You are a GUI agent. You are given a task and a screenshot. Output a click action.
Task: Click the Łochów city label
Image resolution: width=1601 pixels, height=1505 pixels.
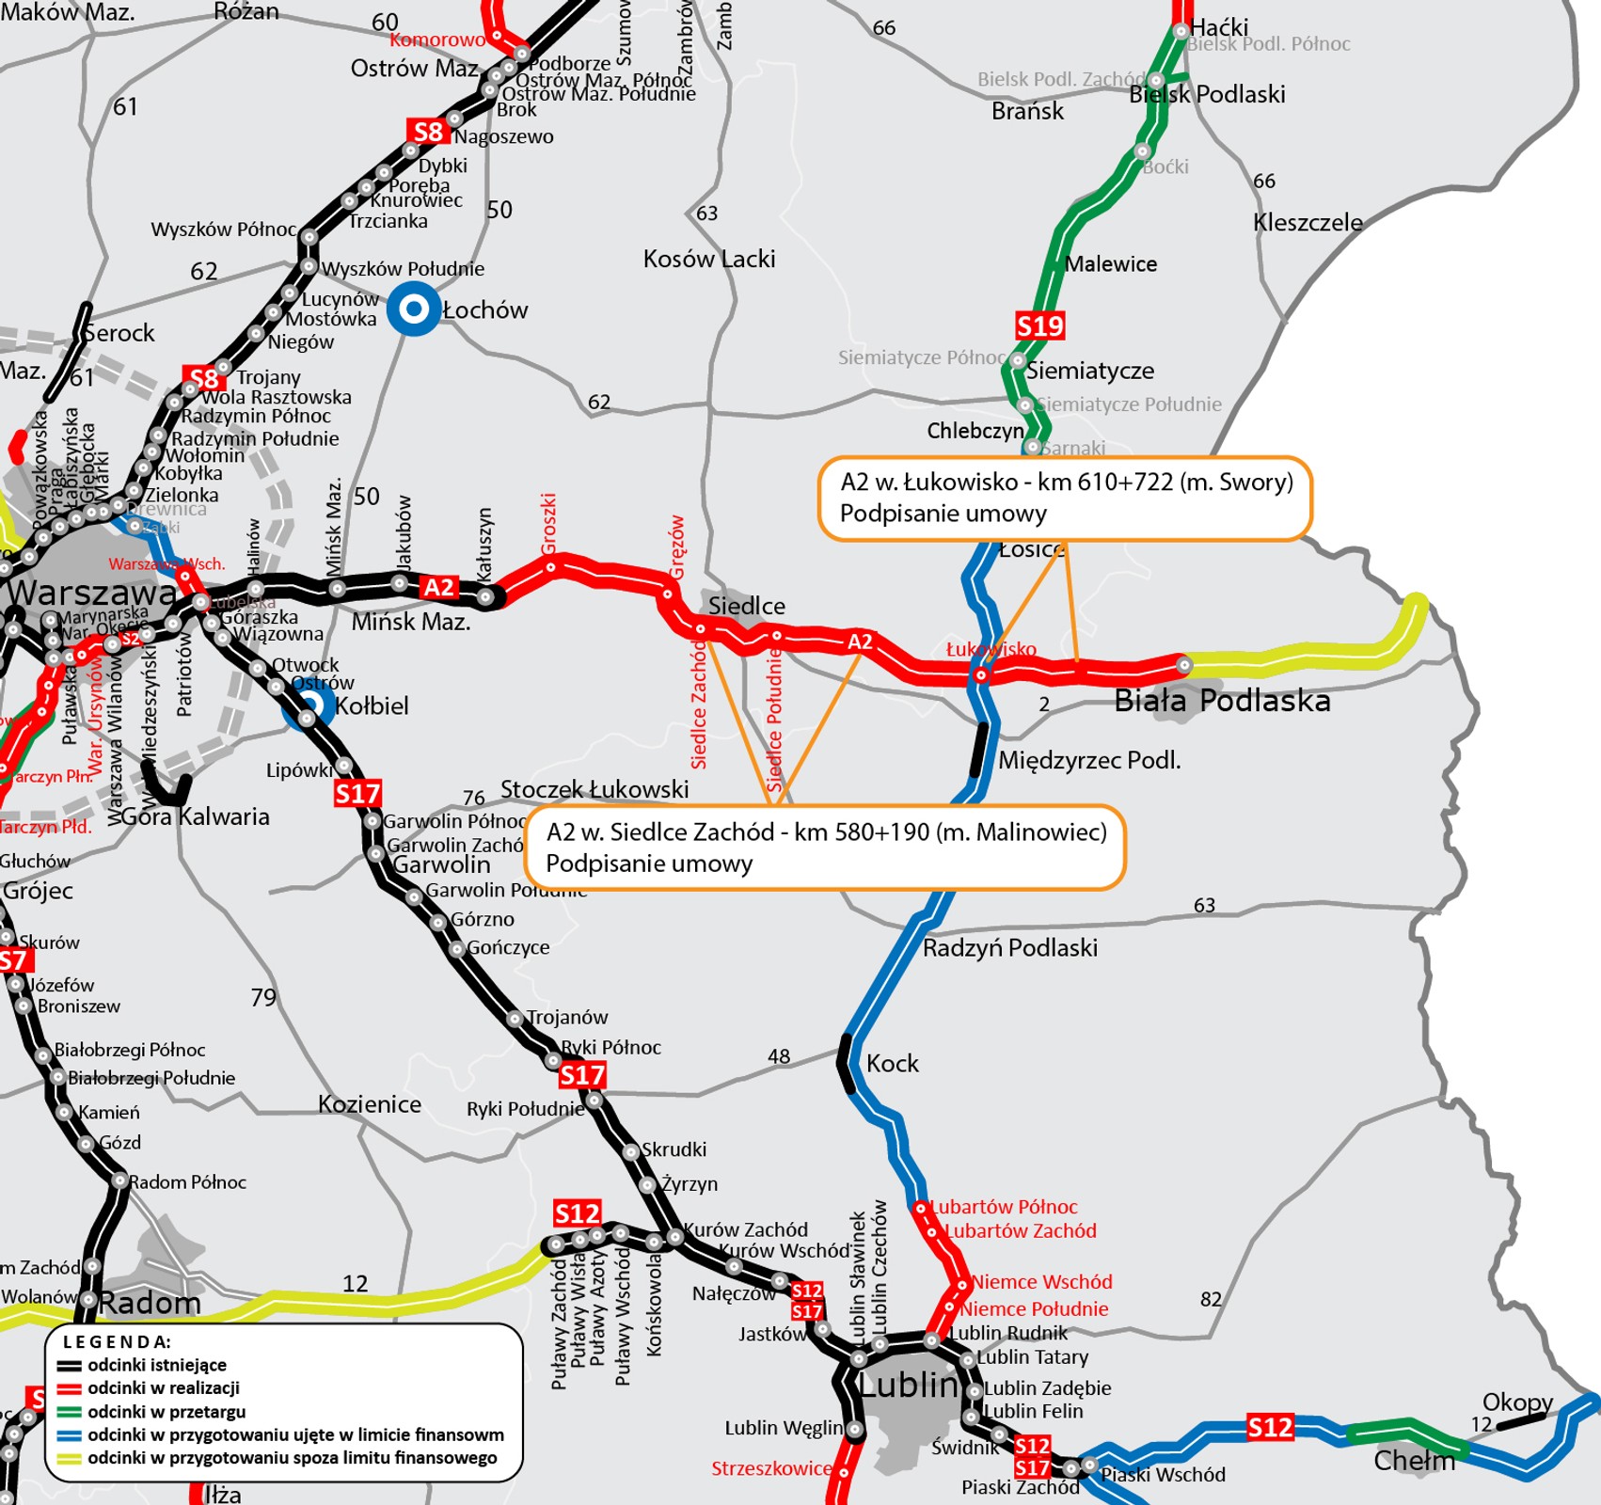point(484,309)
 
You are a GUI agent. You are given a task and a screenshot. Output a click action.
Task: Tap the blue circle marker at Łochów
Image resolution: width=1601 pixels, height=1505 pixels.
point(414,309)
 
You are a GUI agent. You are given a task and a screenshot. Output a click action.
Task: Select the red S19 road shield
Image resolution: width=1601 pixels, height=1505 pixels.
point(1039,326)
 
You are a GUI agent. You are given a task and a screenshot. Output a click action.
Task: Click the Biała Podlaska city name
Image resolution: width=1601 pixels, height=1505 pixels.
point(1221,701)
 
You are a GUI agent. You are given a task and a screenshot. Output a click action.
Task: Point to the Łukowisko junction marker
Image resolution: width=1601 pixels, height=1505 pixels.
point(980,674)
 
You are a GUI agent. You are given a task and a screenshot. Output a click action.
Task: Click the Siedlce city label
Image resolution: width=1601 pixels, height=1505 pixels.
point(746,606)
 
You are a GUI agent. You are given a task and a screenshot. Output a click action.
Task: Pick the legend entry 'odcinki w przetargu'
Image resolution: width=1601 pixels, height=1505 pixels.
point(166,1411)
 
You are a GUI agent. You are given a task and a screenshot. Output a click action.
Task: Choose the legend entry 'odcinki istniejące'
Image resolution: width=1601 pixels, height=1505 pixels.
point(156,1365)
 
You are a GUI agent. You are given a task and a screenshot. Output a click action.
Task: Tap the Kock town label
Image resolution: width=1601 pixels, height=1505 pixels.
point(892,1063)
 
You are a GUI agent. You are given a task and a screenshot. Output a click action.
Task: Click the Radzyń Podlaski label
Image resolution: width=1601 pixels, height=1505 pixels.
point(1009,947)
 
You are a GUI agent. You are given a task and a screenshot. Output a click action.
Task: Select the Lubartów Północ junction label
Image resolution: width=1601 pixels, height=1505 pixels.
point(1003,1207)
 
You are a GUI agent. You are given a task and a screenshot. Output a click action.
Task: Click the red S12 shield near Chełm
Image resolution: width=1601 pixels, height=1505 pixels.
point(1269,1428)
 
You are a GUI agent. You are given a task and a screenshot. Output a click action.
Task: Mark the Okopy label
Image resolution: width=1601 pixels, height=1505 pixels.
point(1516,1402)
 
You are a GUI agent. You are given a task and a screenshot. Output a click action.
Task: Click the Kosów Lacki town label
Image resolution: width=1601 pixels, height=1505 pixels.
point(709,259)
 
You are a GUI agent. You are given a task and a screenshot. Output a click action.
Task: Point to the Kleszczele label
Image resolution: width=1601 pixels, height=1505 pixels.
point(1307,223)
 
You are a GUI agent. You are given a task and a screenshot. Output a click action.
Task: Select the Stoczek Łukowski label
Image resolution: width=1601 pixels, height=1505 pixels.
point(594,789)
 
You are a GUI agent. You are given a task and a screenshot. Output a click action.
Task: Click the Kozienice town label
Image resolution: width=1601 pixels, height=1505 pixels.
point(369,1103)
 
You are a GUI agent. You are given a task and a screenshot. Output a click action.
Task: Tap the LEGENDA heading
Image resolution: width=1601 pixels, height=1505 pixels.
point(116,1341)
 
